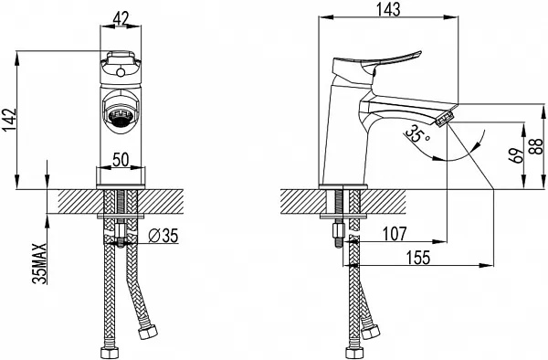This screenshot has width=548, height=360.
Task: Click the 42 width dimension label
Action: [121, 18]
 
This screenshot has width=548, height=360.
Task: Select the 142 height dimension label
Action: [9, 121]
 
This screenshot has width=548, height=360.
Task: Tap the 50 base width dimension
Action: [121, 160]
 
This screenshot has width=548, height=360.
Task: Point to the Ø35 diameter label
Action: [163, 236]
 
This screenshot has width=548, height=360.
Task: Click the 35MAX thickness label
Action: [39, 263]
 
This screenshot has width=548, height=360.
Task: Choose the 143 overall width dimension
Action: [388, 9]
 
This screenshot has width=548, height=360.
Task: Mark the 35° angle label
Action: [416, 134]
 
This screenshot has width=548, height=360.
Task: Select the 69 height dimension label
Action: [517, 155]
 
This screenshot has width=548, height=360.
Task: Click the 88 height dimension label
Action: [536, 146]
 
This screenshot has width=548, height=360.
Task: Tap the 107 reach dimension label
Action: [395, 234]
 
